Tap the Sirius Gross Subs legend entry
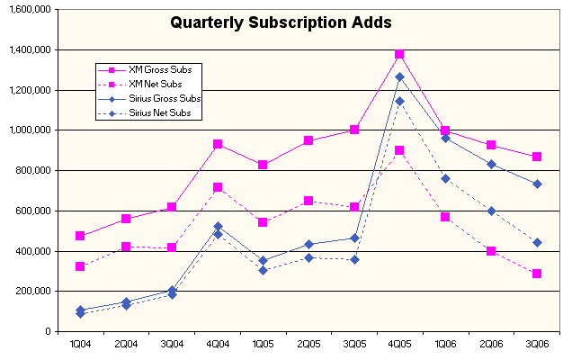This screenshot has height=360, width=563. click(x=165, y=98)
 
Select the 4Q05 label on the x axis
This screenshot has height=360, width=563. click(x=399, y=345)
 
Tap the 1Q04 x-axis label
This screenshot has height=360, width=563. click(x=80, y=345)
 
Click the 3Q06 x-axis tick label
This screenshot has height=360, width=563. click(x=536, y=345)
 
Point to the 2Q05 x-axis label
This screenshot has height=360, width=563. click(x=308, y=345)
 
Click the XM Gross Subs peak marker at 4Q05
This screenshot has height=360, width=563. click(x=399, y=55)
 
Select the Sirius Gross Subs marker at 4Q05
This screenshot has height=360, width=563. click(x=399, y=77)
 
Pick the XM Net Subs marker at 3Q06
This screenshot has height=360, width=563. click(x=536, y=274)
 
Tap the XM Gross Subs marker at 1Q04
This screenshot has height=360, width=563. click(x=80, y=236)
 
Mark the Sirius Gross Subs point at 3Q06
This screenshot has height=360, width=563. click(x=536, y=184)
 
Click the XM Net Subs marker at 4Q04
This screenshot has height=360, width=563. click(x=217, y=187)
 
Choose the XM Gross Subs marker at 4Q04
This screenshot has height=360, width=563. click(x=217, y=144)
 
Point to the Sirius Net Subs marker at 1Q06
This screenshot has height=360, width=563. click(x=445, y=178)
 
